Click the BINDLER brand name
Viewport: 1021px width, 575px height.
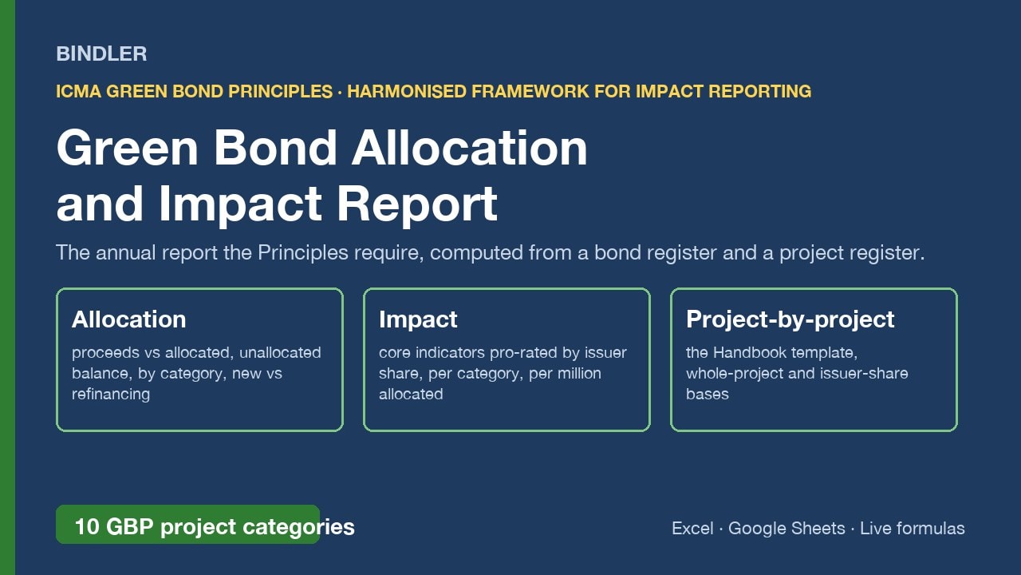[101, 54]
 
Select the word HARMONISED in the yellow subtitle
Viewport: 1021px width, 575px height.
[407, 91]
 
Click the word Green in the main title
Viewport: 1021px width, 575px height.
[127, 148]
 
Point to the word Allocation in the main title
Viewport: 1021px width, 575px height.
[470, 148]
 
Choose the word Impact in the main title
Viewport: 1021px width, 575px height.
[240, 204]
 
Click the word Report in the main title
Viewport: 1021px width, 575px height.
[417, 204]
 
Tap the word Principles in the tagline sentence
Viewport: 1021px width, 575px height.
[302, 252]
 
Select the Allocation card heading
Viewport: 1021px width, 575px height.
[129, 319]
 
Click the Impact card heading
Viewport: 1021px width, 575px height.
[418, 319]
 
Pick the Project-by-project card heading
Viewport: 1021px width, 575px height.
[790, 319]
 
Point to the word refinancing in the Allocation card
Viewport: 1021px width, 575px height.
[111, 394]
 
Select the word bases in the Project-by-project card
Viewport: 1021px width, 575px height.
[708, 394]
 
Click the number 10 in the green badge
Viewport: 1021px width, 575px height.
[87, 526]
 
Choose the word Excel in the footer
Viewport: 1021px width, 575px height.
[692, 528]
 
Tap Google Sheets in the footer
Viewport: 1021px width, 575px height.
[786, 528]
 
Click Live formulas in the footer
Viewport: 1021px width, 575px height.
[912, 528]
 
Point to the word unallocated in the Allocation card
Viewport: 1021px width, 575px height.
[280, 352]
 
